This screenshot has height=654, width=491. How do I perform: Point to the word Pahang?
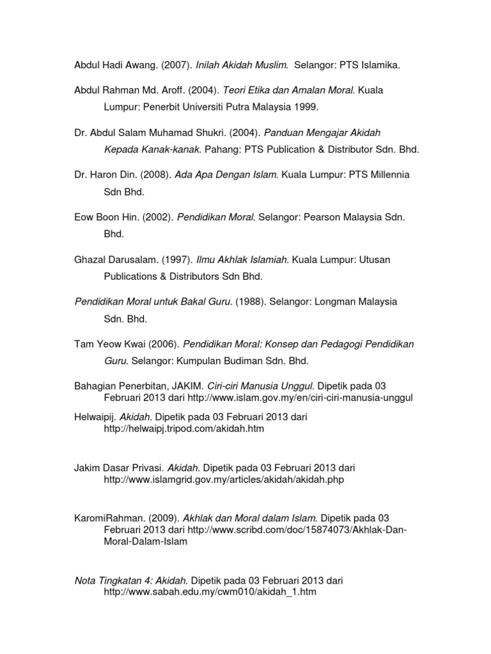pos(221,149)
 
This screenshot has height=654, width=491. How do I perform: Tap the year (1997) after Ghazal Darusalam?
pos(175,260)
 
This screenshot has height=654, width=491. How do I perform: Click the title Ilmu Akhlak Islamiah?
pos(243,260)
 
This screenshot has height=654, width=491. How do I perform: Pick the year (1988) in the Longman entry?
pos(251,301)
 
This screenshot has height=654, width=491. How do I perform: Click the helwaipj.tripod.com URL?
pos(184,429)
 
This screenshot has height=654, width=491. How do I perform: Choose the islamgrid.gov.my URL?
pos(224,480)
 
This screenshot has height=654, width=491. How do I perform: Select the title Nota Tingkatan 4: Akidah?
pos(132,581)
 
